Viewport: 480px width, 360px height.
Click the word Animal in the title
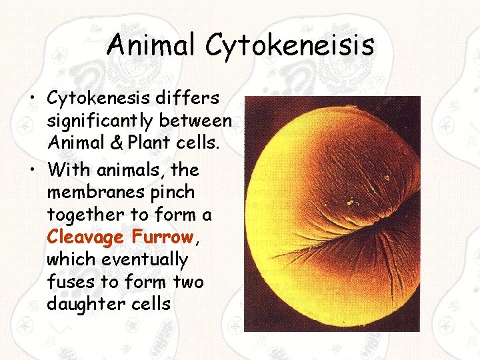click(152, 45)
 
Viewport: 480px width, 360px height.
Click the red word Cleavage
click(85, 237)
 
